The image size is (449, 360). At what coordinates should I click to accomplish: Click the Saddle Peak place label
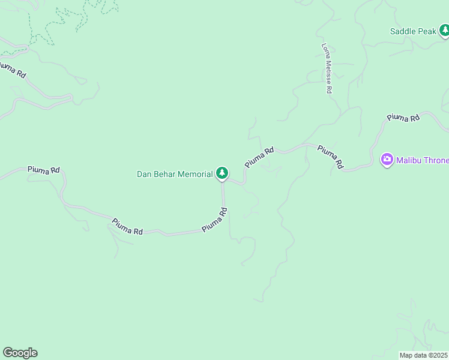tap(413, 31)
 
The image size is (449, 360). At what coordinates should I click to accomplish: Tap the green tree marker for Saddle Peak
tap(444, 30)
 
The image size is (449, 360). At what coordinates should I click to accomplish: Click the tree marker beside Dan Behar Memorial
tap(222, 173)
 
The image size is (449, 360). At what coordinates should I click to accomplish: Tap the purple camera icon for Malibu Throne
tap(387, 159)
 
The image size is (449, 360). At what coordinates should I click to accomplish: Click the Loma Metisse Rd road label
tap(327, 68)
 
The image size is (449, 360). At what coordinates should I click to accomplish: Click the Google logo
tap(20, 353)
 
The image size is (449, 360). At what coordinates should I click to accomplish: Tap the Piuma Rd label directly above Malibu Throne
tap(403, 118)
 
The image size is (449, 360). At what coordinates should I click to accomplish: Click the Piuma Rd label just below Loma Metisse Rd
tap(330, 156)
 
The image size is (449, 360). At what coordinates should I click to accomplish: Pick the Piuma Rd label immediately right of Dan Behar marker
tap(259, 157)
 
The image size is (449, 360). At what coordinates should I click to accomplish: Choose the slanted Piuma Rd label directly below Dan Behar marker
tap(215, 220)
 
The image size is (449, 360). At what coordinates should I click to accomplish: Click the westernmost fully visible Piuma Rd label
tap(44, 170)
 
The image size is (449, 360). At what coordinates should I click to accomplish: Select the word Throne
tap(435, 160)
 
